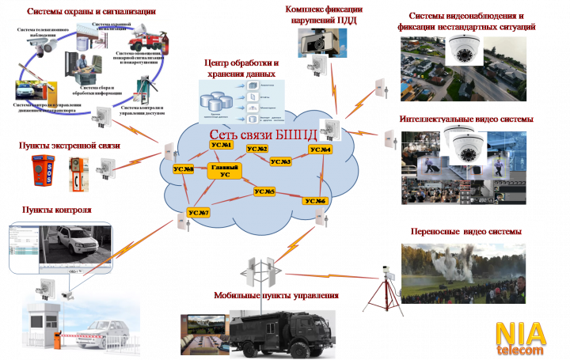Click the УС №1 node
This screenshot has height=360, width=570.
coord(223,145)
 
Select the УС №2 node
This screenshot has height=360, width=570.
coord(257,149)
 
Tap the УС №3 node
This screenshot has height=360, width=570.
coord(280,161)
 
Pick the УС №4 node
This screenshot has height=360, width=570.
coord(320,150)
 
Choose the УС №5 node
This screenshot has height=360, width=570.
coord(265,192)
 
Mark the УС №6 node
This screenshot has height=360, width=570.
coord(315,201)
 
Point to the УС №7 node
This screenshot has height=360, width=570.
coord(198,213)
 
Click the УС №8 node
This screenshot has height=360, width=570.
coord(184,169)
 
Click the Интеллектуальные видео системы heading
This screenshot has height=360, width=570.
coord(461,119)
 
